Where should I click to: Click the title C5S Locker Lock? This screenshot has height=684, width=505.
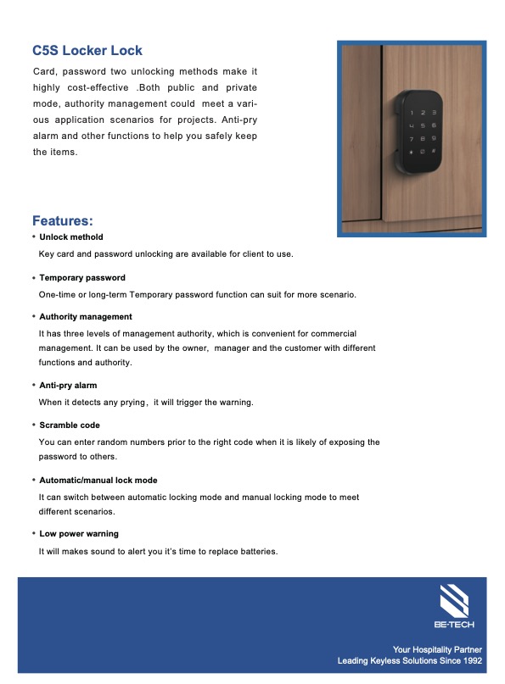click(x=87, y=51)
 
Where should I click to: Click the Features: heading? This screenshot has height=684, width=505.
click(x=69, y=221)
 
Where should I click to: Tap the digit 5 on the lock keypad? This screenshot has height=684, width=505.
click(x=423, y=125)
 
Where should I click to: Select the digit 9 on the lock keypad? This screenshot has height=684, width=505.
click(x=434, y=138)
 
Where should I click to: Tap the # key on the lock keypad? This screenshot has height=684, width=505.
click(x=434, y=152)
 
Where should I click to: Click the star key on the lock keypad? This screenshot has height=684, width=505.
click(x=412, y=152)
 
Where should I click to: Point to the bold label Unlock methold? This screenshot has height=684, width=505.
click(x=71, y=237)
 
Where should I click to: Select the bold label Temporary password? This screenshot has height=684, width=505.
click(x=82, y=278)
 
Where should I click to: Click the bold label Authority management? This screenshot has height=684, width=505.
click(x=86, y=317)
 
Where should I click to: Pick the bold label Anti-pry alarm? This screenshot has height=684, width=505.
click(x=68, y=386)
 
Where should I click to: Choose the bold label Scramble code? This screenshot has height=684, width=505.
click(x=70, y=425)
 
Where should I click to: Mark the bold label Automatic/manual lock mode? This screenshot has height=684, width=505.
click(x=98, y=481)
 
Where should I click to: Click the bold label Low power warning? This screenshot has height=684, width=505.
click(x=79, y=534)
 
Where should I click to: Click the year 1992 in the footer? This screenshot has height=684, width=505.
click(x=472, y=660)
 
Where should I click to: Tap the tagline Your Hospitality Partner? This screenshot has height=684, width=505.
click(x=437, y=649)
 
